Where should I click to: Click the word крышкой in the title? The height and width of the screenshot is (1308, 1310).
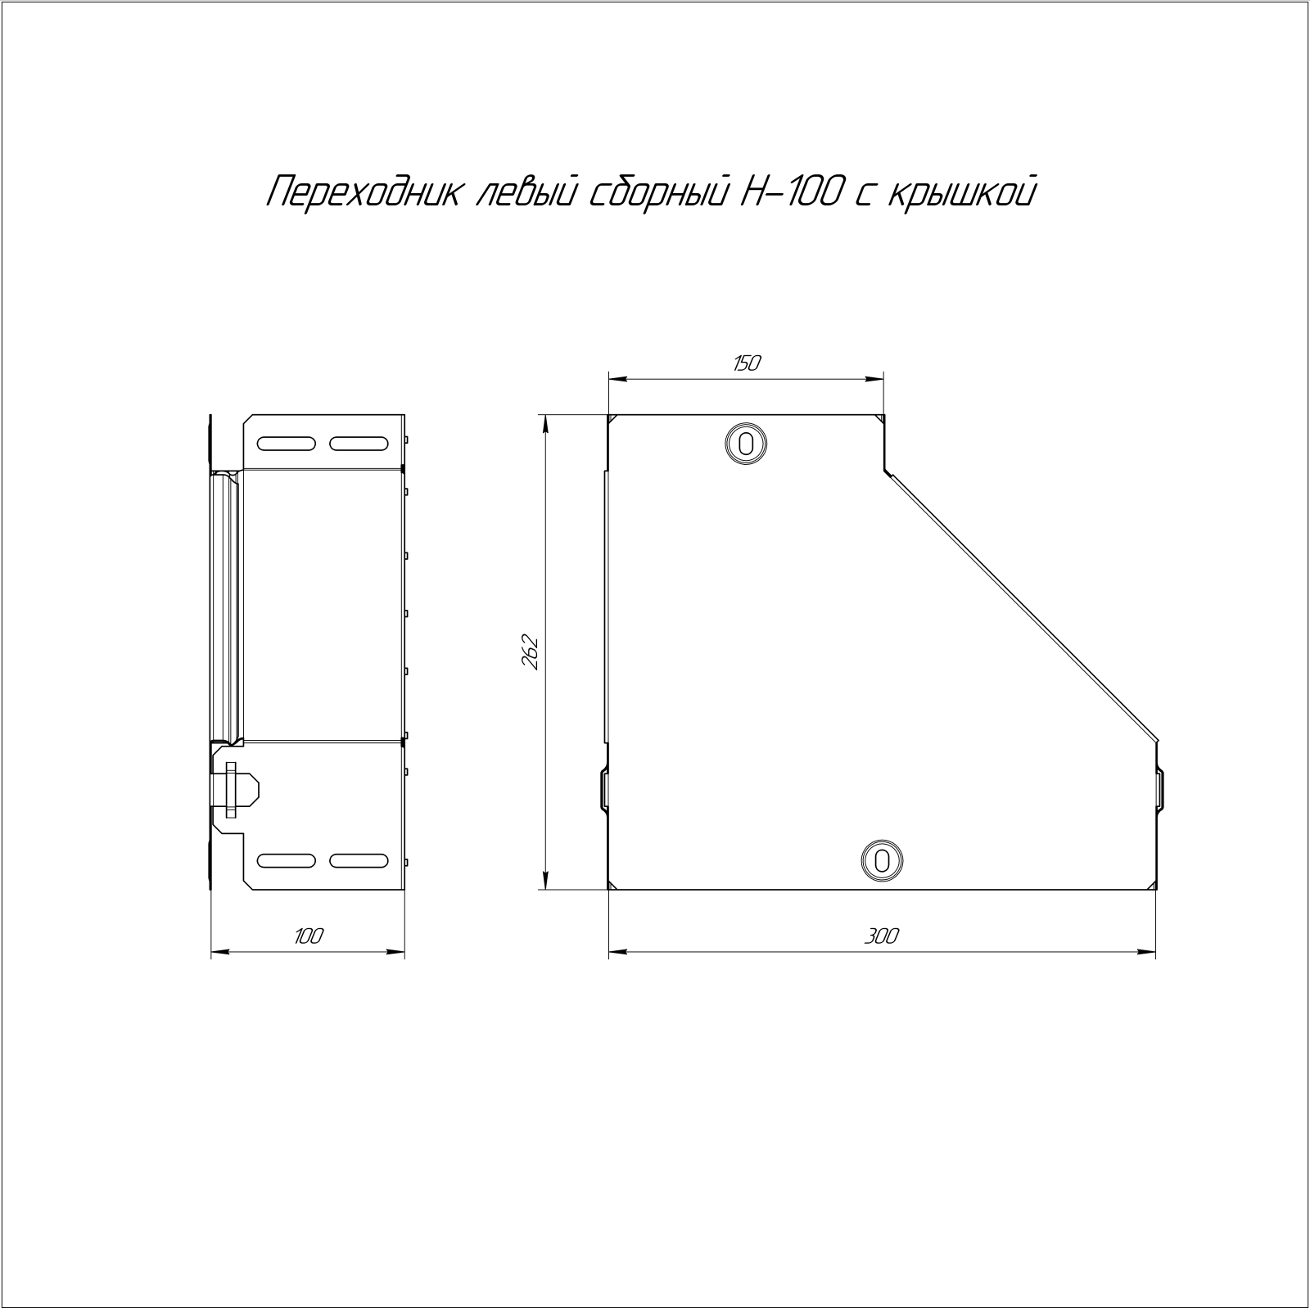pos(960,193)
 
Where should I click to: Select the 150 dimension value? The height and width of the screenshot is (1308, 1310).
pos(746,363)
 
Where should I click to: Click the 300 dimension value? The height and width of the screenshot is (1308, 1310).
pos(881,936)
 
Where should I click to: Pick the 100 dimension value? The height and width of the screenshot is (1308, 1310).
pos(309,936)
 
